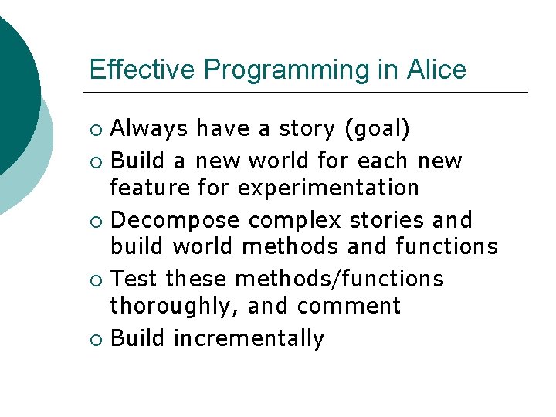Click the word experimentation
coord(328,188)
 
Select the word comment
coord(348,307)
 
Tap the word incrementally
coord(249,338)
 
